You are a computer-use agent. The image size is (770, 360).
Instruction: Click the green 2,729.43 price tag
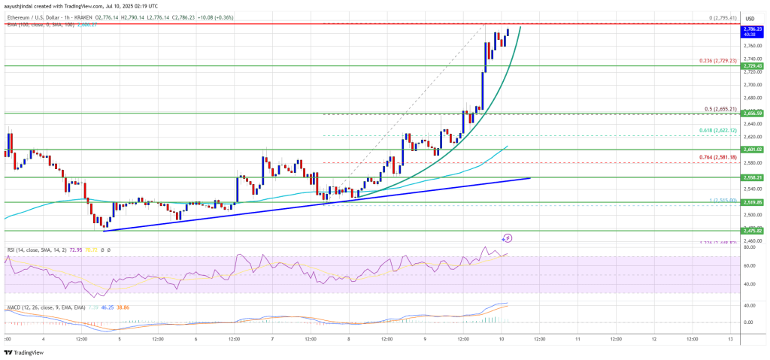click(x=753, y=67)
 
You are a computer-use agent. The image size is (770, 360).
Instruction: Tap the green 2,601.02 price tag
click(x=753, y=150)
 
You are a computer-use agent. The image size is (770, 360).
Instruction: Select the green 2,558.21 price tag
click(x=753, y=177)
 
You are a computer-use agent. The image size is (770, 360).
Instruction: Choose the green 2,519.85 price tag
click(x=753, y=202)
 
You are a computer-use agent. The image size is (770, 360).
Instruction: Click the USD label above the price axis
click(x=749, y=19)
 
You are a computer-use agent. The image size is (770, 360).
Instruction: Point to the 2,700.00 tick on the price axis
click(x=752, y=84)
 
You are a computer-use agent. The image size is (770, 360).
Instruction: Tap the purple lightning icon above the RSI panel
click(x=508, y=238)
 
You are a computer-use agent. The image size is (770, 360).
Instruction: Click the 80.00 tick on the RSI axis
click(x=749, y=247)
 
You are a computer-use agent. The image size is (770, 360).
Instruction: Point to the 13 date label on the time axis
click(x=730, y=340)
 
